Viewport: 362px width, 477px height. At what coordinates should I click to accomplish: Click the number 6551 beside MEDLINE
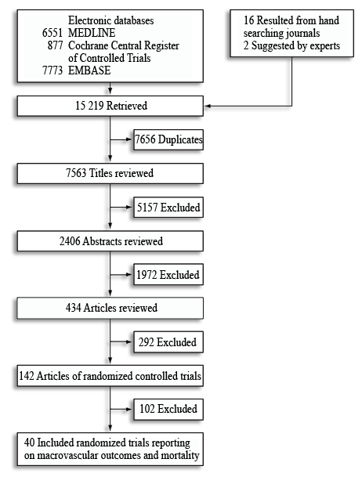[52, 33]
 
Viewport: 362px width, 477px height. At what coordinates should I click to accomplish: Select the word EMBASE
[89, 70]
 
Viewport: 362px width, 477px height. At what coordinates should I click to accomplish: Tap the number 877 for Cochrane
[55, 45]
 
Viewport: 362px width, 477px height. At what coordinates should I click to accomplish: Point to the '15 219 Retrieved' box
[110, 106]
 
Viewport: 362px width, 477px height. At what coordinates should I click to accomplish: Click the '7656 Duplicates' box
[168, 139]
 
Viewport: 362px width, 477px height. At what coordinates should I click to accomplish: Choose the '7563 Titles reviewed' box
[110, 173]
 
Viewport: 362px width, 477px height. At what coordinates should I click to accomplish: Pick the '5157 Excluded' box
[168, 207]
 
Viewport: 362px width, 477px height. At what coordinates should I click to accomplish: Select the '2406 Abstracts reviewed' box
[110, 241]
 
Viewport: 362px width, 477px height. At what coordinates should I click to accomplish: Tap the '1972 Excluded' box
[168, 275]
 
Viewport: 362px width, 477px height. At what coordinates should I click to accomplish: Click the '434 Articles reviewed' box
[110, 308]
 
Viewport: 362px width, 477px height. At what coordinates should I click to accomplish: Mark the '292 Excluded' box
[168, 342]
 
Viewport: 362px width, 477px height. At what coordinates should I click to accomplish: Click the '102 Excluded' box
[168, 409]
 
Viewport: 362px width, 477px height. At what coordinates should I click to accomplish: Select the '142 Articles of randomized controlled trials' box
[110, 376]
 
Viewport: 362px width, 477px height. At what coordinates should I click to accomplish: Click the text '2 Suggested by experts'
[291, 45]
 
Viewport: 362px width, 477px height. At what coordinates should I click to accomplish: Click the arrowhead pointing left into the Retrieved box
[207, 106]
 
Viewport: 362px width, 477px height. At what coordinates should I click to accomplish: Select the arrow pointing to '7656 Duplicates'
[121, 139]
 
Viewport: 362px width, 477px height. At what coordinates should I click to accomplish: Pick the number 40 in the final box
[29, 443]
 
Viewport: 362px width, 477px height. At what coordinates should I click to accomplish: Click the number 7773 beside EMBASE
[52, 70]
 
